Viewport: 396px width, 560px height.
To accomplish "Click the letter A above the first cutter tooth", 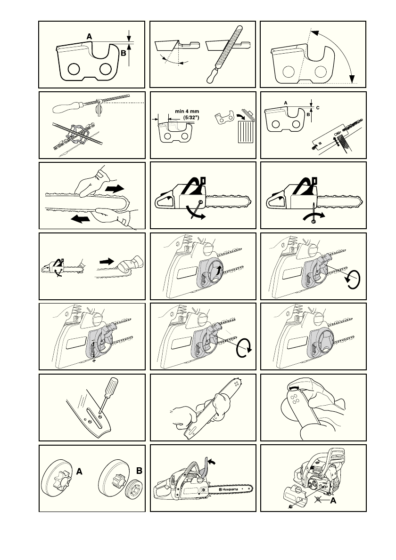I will click(x=89, y=35).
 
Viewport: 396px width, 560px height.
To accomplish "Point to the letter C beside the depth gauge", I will click(x=317, y=108).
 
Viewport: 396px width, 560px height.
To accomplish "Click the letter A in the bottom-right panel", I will click(x=333, y=501).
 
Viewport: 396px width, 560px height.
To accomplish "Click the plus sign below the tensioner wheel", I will click(x=94, y=360).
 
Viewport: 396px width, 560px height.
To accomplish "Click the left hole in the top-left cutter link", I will click(x=73, y=69).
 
